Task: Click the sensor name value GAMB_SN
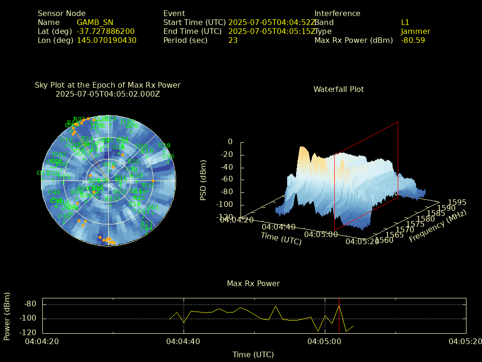coord(95,22)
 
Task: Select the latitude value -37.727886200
coord(105,31)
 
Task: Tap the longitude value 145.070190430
coord(106,40)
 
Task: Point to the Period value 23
coord(233,40)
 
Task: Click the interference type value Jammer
coord(416,31)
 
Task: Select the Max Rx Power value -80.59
coord(413,40)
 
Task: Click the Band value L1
coord(405,22)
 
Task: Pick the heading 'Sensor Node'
coord(61,13)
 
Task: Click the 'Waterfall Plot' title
coord(338,89)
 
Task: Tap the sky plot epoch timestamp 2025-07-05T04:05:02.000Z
coord(108,94)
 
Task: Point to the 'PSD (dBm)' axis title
coord(203,180)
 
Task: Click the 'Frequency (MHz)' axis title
coord(437,227)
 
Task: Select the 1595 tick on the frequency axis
coord(457,202)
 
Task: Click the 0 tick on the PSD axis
coord(230,141)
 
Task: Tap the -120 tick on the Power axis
coord(30,332)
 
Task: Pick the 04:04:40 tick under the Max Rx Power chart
coord(184,341)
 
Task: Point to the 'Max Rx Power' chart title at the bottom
coord(253,283)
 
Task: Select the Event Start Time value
coord(272,22)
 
